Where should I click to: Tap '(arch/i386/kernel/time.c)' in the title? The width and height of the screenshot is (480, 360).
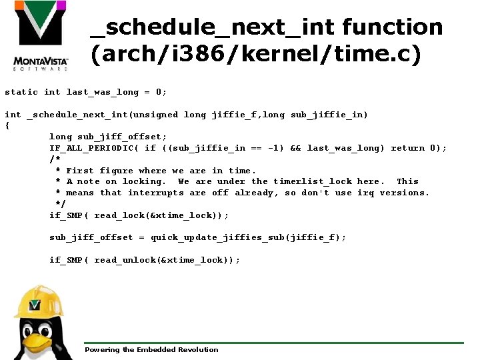coord(256,55)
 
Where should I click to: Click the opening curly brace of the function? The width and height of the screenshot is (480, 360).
coord(7,125)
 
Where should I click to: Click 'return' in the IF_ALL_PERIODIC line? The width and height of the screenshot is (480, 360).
coord(407,148)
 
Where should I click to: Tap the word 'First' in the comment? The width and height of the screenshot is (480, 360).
coord(80,171)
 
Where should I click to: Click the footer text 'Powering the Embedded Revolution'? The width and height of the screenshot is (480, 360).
coord(151,349)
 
